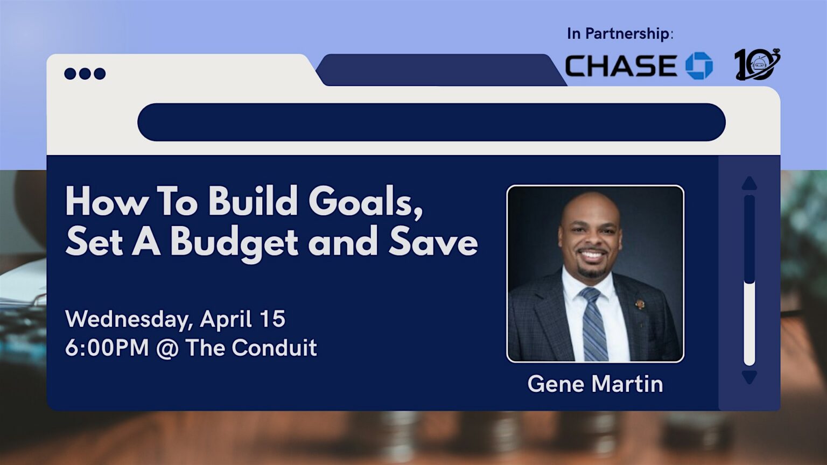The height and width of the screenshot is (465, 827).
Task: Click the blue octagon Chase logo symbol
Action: tap(699, 66)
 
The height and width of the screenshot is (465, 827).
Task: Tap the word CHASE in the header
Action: tap(621, 66)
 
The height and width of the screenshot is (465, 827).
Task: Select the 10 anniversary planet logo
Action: tap(757, 65)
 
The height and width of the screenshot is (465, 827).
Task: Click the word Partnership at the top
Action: tap(627, 33)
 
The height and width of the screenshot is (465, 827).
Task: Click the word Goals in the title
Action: tap(366, 201)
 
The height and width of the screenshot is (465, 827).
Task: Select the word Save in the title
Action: tap(433, 243)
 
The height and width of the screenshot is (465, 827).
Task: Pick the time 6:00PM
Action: tap(107, 348)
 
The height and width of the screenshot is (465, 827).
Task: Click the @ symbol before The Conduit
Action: tap(167, 348)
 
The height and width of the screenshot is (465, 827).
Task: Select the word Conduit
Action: tap(274, 347)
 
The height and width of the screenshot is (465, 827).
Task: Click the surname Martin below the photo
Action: tap(627, 384)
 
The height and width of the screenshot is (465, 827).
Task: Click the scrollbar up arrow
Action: tap(749, 184)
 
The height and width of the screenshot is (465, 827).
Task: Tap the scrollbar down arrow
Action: tap(749, 377)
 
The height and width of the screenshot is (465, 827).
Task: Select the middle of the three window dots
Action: tap(85, 73)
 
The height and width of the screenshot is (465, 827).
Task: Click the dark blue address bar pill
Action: tap(432, 122)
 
